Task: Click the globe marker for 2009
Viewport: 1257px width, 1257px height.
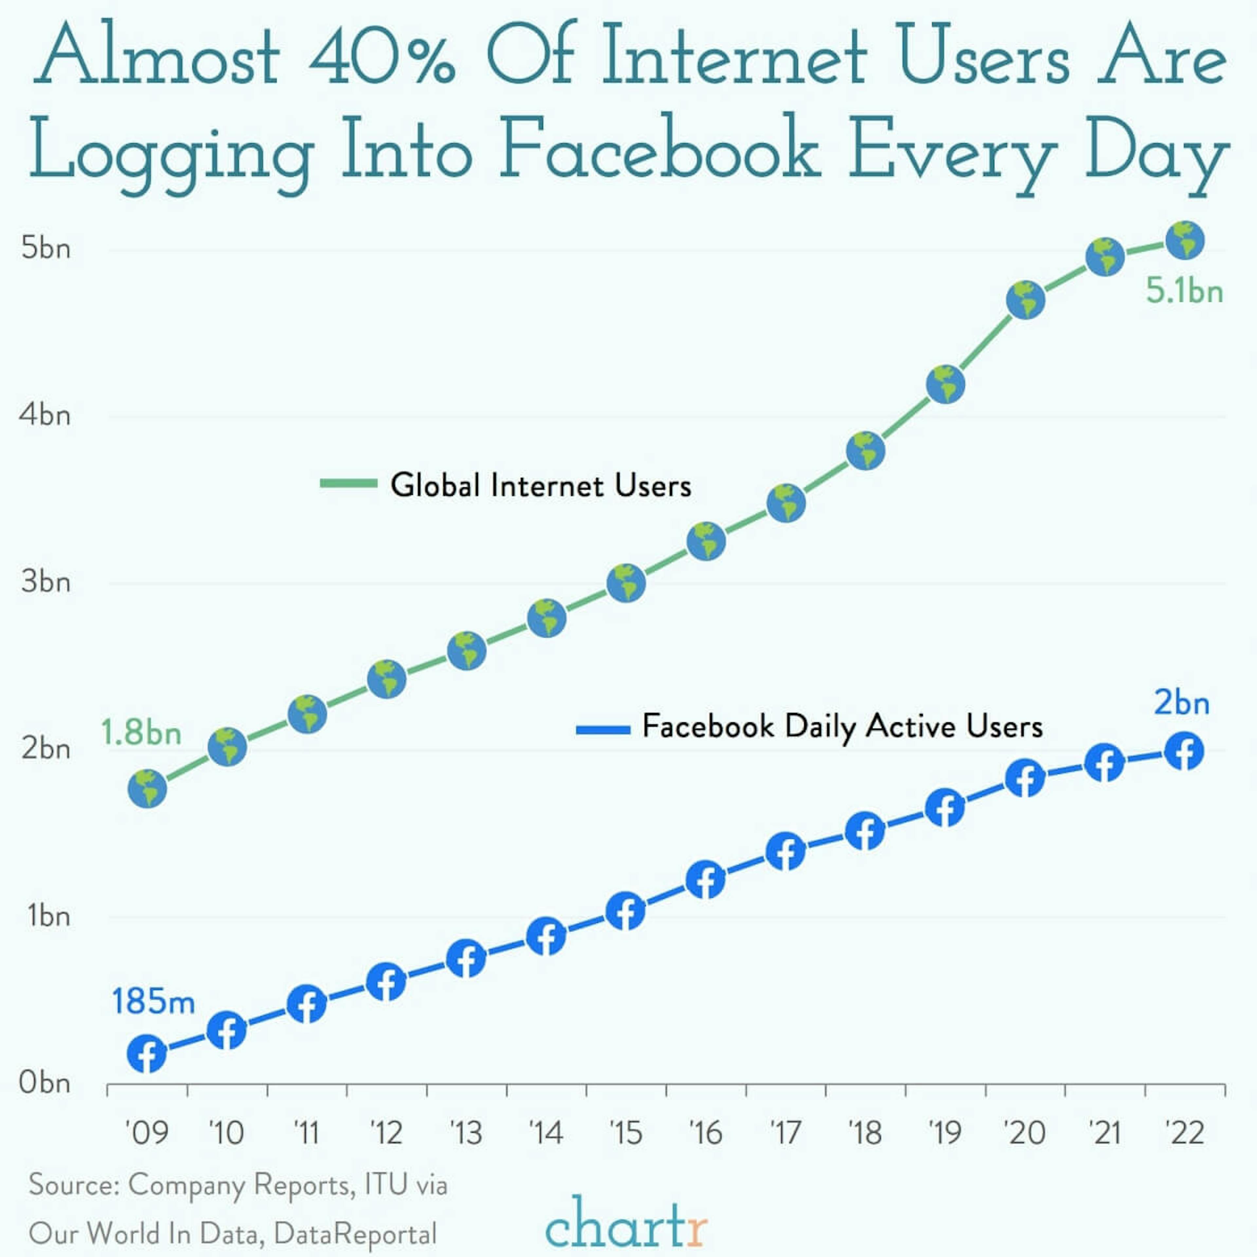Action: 148,789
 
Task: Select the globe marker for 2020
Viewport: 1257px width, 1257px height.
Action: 1025,300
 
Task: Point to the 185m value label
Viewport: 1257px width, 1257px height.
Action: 154,1001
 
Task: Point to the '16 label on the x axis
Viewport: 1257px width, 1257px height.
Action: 706,1133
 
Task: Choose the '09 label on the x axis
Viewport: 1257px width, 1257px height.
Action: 147,1133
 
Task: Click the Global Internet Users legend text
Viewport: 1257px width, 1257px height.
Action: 541,485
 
